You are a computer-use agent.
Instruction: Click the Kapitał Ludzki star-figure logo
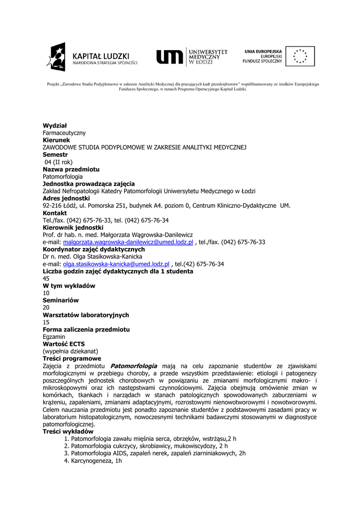(x=56, y=57)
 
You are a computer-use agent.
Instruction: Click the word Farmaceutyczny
(x=64, y=133)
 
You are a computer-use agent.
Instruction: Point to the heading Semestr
(x=55, y=155)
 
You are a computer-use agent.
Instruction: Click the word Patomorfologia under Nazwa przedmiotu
(x=63, y=177)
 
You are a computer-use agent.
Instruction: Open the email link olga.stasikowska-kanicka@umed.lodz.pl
(x=116, y=264)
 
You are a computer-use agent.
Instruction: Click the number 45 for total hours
(x=46, y=278)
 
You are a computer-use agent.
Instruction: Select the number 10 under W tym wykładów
(x=46, y=293)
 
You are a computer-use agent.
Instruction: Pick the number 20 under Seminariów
(x=46, y=308)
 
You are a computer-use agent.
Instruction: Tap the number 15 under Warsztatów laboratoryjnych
(x=46, y=322)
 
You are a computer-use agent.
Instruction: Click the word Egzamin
(x=54, y=336)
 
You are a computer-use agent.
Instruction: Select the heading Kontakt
(x=55, y=213)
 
